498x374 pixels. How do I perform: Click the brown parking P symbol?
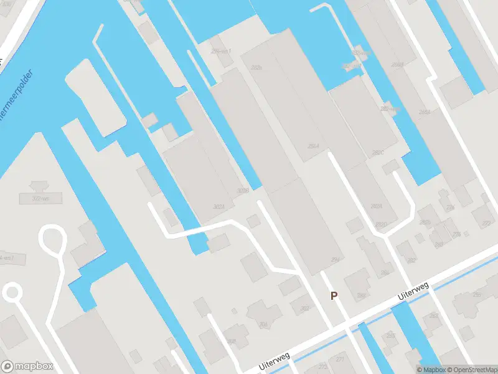[x=334, y=296]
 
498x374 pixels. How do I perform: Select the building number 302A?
[x=219, y=206]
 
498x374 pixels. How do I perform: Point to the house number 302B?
[x=243, y=191]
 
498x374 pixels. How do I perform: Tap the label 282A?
[x=376, y=206]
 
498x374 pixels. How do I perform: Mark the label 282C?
[x=378, y=152]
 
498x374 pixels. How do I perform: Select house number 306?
[x=263, y=324]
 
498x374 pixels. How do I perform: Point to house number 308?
[x=231, y=341]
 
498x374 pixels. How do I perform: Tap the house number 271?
[x=340, y=360]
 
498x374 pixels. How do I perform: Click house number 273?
[x=322, y=367]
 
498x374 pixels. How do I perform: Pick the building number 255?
[x=390, y=336]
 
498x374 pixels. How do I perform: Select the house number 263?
[x=433, y=315]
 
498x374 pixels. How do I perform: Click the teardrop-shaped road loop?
[x=52, y=240]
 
